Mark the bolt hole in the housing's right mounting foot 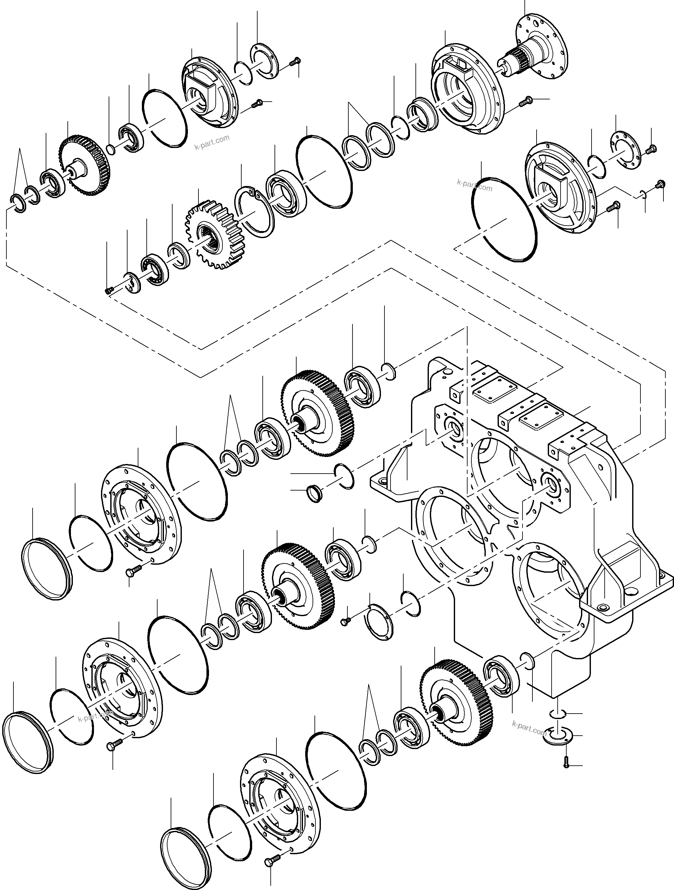click(x=602, y=607)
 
